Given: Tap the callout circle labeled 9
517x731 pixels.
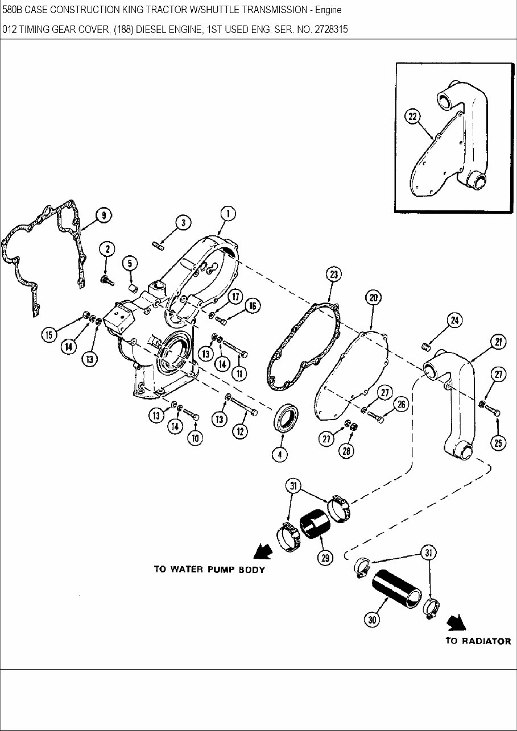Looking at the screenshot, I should click(x=104, y=215).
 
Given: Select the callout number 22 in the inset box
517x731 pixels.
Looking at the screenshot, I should click(x=412, y=117).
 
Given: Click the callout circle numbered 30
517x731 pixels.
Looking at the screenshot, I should click(x=373, y=621).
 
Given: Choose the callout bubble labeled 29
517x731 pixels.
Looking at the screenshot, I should click(x=325, y=558).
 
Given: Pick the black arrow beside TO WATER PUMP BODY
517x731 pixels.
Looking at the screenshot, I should click(x=261, y=551).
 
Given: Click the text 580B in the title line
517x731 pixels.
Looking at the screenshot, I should click(x=13, y=10).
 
